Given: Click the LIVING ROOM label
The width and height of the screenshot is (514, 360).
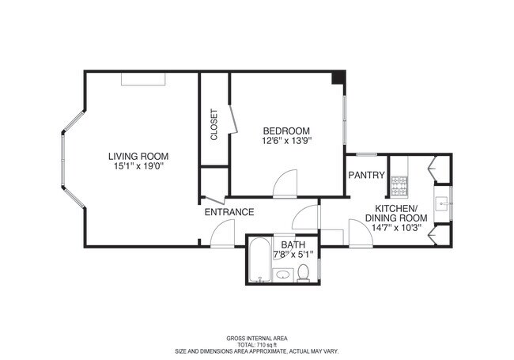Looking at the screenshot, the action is tap(138, 157).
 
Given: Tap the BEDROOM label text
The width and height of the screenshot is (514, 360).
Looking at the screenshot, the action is tap(286, 131).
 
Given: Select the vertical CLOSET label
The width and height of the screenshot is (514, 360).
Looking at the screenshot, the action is tap(214, 124).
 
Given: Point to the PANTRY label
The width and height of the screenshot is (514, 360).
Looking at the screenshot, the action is tap(366, 175).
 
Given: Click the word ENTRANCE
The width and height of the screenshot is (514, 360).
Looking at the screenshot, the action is tap(229, 212).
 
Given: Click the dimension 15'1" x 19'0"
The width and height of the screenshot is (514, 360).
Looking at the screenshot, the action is tap(138, 167).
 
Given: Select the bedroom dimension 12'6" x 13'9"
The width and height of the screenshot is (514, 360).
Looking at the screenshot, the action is tap(286, 141).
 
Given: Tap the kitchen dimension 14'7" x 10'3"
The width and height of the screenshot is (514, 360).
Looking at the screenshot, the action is tap(396, 228).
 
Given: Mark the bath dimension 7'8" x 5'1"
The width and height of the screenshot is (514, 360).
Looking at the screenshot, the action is tap(293, 254).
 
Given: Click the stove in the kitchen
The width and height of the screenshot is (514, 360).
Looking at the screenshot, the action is tap(399, 187).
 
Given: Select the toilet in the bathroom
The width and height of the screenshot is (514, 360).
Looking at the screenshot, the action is tap(303, 274).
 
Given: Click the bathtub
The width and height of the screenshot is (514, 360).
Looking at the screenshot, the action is tap(260, 260).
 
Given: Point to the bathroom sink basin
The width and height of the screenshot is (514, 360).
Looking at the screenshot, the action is tap(283, 275).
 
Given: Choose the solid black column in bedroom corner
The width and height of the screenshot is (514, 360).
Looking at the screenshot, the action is tap(338, 78).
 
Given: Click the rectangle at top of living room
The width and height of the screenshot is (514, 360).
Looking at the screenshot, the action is tap(143, 79).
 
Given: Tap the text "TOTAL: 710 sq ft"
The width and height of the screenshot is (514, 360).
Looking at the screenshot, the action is tap(257, 345).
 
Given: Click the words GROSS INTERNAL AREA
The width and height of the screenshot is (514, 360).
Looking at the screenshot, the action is tap(257, 339).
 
